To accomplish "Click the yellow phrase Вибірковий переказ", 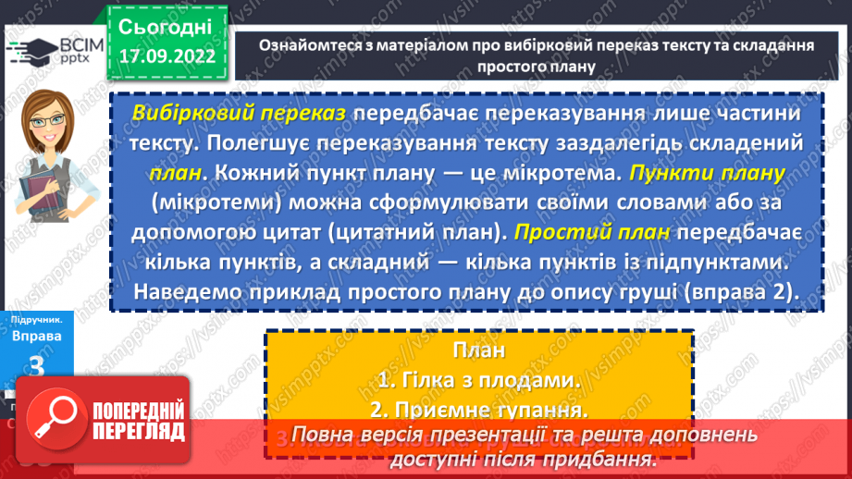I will click(240, 113).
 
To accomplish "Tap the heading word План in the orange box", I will click(479, 350).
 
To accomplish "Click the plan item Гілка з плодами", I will click(479, 379).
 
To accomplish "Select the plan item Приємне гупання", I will click(479, 408).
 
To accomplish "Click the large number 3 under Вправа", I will click(37, 366).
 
